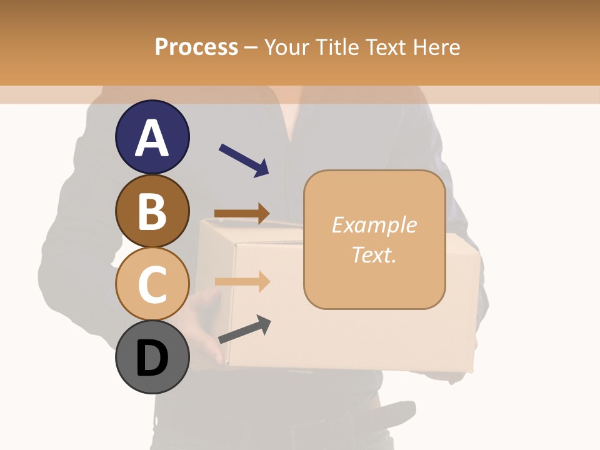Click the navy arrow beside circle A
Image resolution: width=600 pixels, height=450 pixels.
pyautogui.click(x=243, y=160)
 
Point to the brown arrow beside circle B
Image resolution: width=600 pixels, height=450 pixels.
pyautogui.click(x=242, y=213)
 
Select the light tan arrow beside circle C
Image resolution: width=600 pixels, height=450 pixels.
pyautogui.click(x=242, y=281)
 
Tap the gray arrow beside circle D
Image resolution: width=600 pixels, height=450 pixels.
pyautogui.click(x=244, y=329)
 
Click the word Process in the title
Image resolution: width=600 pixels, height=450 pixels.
pyautogui.click(x=196, y=47)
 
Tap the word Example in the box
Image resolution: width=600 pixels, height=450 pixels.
pyautogui.click(x=374, y=225)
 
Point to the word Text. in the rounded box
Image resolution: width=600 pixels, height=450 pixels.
pyautogui.click(x=374, y=254)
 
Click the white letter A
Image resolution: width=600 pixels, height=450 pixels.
pyautogui.click(x=152, y=137)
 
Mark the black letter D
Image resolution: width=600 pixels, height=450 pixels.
pyautogui.click(x=152, y=359)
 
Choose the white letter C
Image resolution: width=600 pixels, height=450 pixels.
pyautogui.click(x=152, y=284)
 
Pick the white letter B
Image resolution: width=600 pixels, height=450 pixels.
pyautogui.click(x=152, y=211)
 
